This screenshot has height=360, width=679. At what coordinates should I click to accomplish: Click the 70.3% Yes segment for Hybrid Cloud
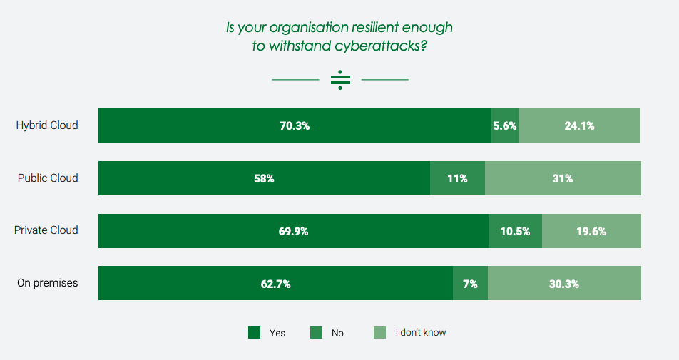coord(295,125)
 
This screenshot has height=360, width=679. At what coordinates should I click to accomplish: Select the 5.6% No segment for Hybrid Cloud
coord(505,125)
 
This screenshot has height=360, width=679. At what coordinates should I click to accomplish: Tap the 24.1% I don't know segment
coord(579,125)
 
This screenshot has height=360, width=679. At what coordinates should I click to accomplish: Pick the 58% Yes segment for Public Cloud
coord(264,178)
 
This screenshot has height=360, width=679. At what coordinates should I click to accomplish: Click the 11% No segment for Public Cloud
coord(457,178)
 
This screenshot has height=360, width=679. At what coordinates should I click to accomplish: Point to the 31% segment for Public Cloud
coord(563,178)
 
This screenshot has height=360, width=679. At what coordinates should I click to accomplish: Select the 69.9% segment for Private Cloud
coord(293,231)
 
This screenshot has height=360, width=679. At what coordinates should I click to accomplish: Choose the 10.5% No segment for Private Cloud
coord(515,231)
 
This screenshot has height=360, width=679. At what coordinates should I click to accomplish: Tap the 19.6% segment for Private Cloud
coord(591,231)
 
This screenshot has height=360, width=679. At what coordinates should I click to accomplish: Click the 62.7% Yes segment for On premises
coord(275,284)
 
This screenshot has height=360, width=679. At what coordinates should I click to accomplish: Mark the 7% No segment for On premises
coord(470,284)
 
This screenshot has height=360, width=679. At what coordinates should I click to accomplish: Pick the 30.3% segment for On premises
coord(564,284)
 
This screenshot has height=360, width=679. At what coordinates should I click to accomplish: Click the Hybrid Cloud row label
coord(47,125)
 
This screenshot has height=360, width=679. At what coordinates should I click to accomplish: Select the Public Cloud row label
coord(48,178)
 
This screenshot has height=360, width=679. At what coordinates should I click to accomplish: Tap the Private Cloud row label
coord(46,231)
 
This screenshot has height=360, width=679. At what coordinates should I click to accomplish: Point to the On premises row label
coord(48,283)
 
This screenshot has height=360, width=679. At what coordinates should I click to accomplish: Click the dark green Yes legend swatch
coord(254,332)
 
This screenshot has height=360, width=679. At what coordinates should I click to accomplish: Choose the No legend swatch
coord(316,332)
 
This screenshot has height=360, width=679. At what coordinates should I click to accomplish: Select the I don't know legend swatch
coord(380,332)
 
